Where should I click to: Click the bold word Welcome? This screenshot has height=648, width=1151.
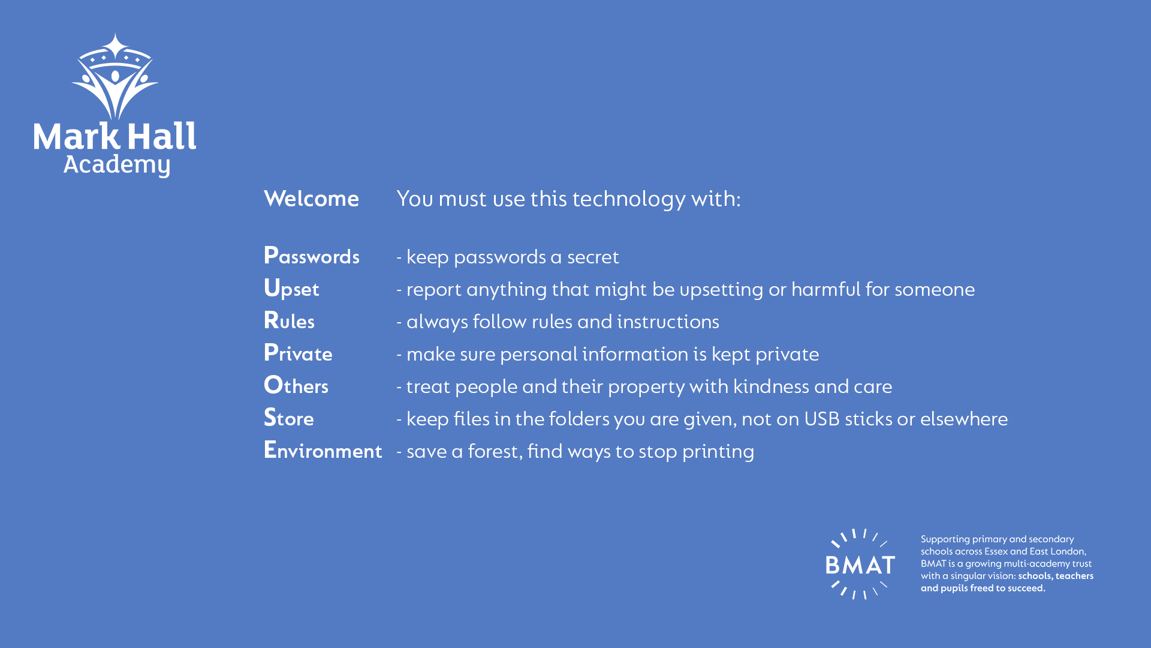(311, 199)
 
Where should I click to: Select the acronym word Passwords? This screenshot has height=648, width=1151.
(312, 256)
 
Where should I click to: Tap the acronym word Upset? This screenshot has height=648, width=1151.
(291, 289)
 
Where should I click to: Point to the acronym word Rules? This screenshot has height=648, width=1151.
(289, 321)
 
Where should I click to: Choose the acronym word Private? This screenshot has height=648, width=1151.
(298, 353)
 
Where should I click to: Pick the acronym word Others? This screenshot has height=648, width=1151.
(296, 385)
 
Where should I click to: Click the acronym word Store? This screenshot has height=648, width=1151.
(289, 418)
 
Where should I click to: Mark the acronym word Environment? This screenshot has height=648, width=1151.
(323, 450)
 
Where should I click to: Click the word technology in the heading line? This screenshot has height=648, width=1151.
(629, 199)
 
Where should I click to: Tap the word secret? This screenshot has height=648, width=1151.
(593, 257)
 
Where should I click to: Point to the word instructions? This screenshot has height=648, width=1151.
(668, 322)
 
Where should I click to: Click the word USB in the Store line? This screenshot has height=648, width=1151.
(822, 419)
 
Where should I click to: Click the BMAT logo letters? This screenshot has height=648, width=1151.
(860, 565)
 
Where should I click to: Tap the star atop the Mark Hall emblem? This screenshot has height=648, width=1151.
(115, 46)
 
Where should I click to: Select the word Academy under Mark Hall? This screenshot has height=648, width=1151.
(117, 165)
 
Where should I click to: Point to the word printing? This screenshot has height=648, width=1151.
(718, 452)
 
